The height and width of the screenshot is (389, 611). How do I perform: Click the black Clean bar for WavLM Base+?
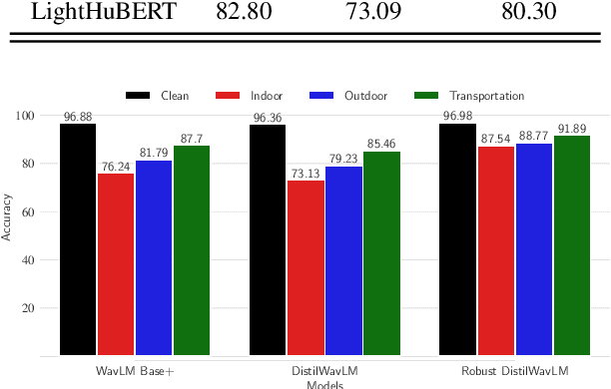[x=78, y=239]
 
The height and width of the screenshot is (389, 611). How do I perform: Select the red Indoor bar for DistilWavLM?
[x=306, y=267]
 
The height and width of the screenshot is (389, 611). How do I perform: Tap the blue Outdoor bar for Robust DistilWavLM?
[x=535, y=249]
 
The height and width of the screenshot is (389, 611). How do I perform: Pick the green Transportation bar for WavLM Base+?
[x=192, y=250]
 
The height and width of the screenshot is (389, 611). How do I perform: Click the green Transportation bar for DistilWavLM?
[x=382, y=253]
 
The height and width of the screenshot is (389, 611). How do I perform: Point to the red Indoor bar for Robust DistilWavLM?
[x=497, y=250]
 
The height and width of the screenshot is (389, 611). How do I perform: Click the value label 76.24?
[x=116, y=167]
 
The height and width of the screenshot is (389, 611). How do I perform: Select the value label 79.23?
[x=344, y=160]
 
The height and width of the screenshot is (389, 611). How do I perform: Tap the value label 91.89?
[x=573, y=129]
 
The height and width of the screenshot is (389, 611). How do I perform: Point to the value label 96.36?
[x=268, y=118]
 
